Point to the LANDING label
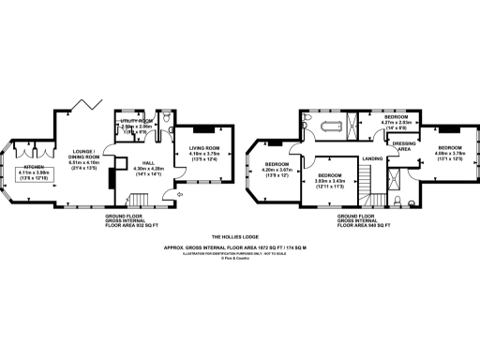pos(371,158)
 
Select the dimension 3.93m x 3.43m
pos(330,181)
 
